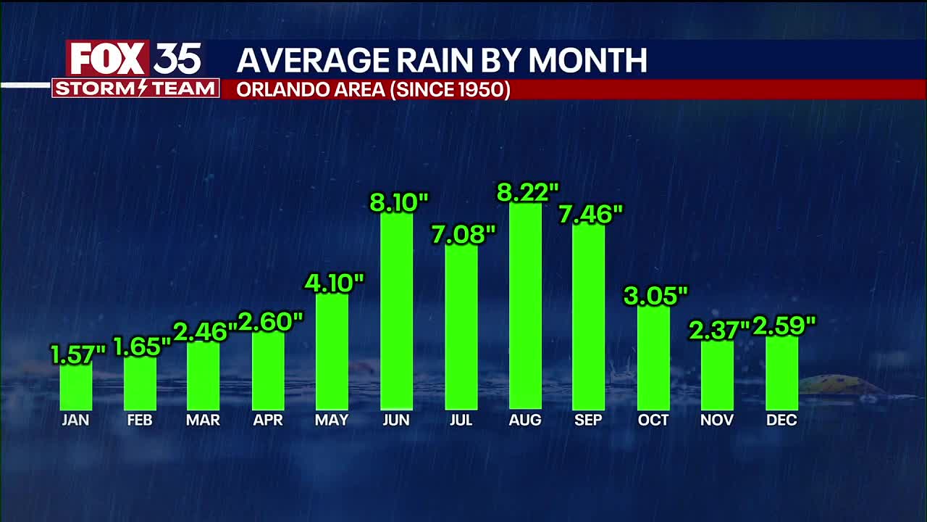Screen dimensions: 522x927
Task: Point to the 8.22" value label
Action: coord(527,192)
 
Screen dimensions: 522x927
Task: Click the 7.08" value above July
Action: coord(463,234)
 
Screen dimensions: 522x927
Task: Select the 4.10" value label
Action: coord(333,283)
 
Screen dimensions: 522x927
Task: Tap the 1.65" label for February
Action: coord(142,347)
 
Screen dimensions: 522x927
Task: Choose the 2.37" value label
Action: coord(718,331)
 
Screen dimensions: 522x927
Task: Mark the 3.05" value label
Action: coord(655,296)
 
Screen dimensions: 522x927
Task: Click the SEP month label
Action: coord(588,420)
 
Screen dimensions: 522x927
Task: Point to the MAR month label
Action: coord(204,420)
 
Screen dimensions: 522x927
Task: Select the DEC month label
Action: coord(781,420)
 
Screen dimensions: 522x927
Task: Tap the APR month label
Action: coord(268,420)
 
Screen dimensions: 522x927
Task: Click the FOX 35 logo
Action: coord(135,59)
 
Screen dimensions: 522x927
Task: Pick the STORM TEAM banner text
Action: coord(135,88)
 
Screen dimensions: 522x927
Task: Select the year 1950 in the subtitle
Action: coord(481,90)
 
